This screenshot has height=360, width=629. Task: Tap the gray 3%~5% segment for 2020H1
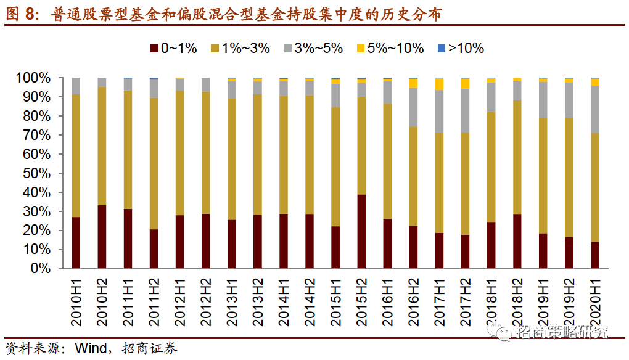[x=595, y=109]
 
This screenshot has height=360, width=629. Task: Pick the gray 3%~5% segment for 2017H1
[x=439, y=111]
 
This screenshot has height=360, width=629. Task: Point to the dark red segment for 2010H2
[x=102, y=237]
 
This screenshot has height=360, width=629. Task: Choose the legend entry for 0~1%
[x=173, y=49]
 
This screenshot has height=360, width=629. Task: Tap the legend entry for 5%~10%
[x=390, y=49]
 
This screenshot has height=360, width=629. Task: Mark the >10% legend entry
[x=460, y=49]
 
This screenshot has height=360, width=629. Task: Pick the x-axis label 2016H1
[x=387, y=301]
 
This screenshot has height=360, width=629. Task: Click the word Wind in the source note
[x=91, y=348]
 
